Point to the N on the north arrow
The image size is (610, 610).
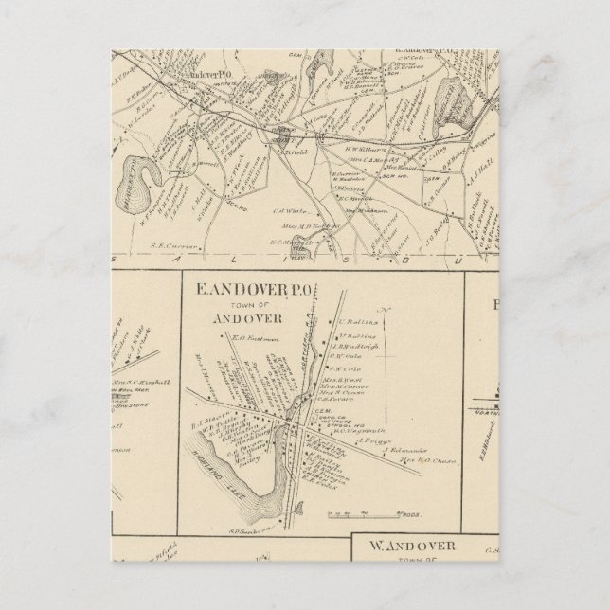[x=384, y=309]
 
